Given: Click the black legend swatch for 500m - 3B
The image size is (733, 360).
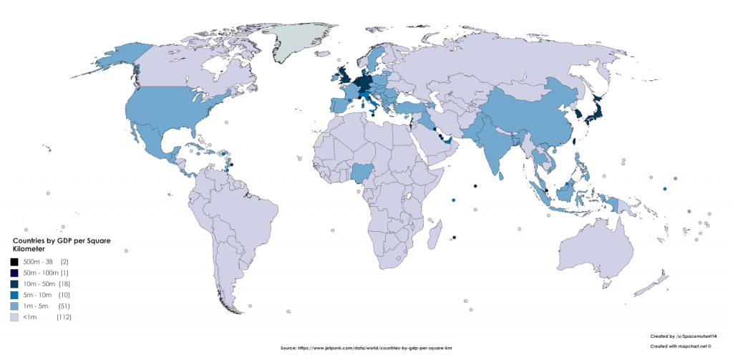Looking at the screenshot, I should (x=14, y=262).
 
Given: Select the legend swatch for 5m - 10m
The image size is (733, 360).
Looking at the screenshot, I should (x=14, y=294).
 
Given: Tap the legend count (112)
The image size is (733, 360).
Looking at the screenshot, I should (x=64, y=316).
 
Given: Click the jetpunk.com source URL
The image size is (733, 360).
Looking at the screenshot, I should (x=366, y=348).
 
